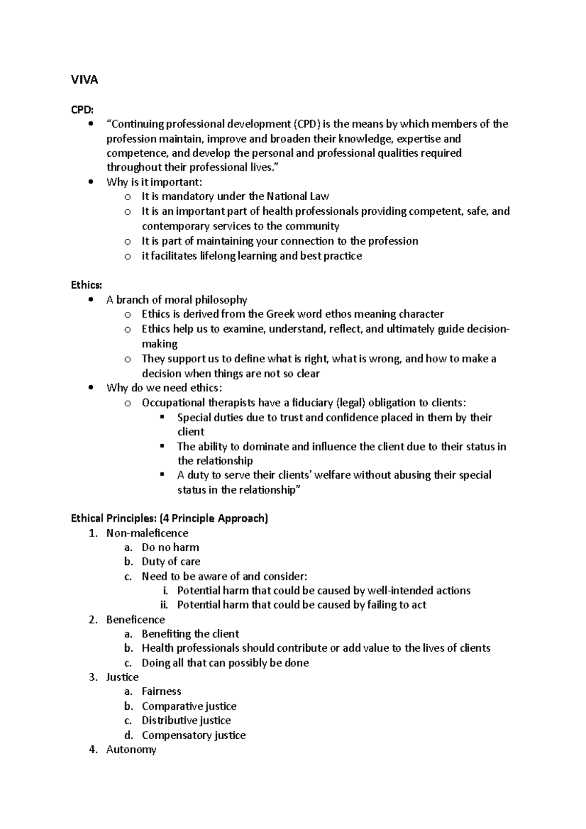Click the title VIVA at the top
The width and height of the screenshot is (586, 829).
(84, 80)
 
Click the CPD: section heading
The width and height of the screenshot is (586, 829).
(82, 109)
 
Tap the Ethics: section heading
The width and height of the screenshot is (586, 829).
(86, 285)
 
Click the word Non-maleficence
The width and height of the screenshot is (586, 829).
(147, 533)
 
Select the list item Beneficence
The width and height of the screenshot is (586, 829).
(135, 620)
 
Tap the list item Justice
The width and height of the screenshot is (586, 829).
(122, 677)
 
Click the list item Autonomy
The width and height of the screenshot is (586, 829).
(131, 749)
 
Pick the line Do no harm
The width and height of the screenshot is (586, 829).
(170, 547)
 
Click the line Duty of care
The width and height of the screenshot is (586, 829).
(171, 561)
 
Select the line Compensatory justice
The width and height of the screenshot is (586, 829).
(193, 735)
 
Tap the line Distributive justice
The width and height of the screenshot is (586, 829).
(186, 721)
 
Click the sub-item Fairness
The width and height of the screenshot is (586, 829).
(161, 691)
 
